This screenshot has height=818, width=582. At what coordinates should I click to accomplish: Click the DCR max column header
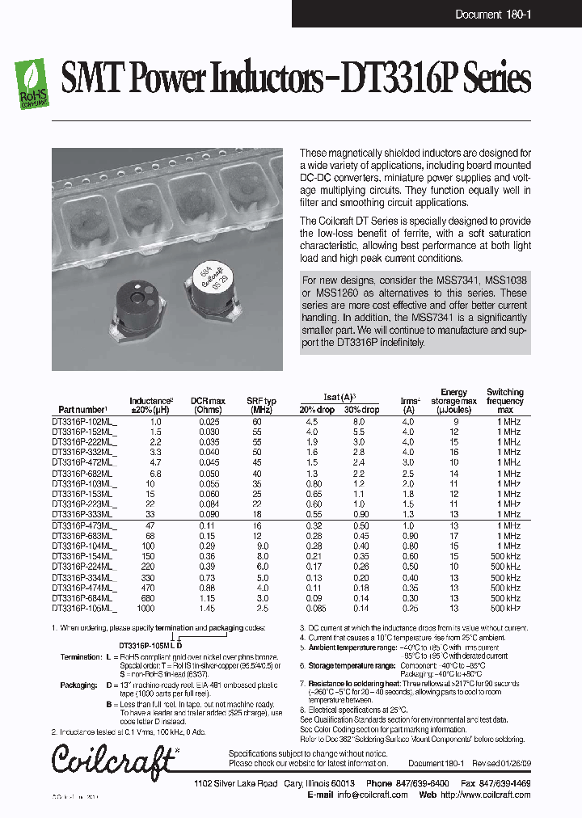[208, 405]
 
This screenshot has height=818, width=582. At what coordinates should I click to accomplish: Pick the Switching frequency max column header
[505, 401]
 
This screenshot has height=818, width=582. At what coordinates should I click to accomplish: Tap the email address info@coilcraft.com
[372, 795]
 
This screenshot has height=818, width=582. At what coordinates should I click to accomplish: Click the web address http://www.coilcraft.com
[486, 795]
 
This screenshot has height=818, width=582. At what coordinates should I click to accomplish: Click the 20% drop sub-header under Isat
[318, 410]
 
